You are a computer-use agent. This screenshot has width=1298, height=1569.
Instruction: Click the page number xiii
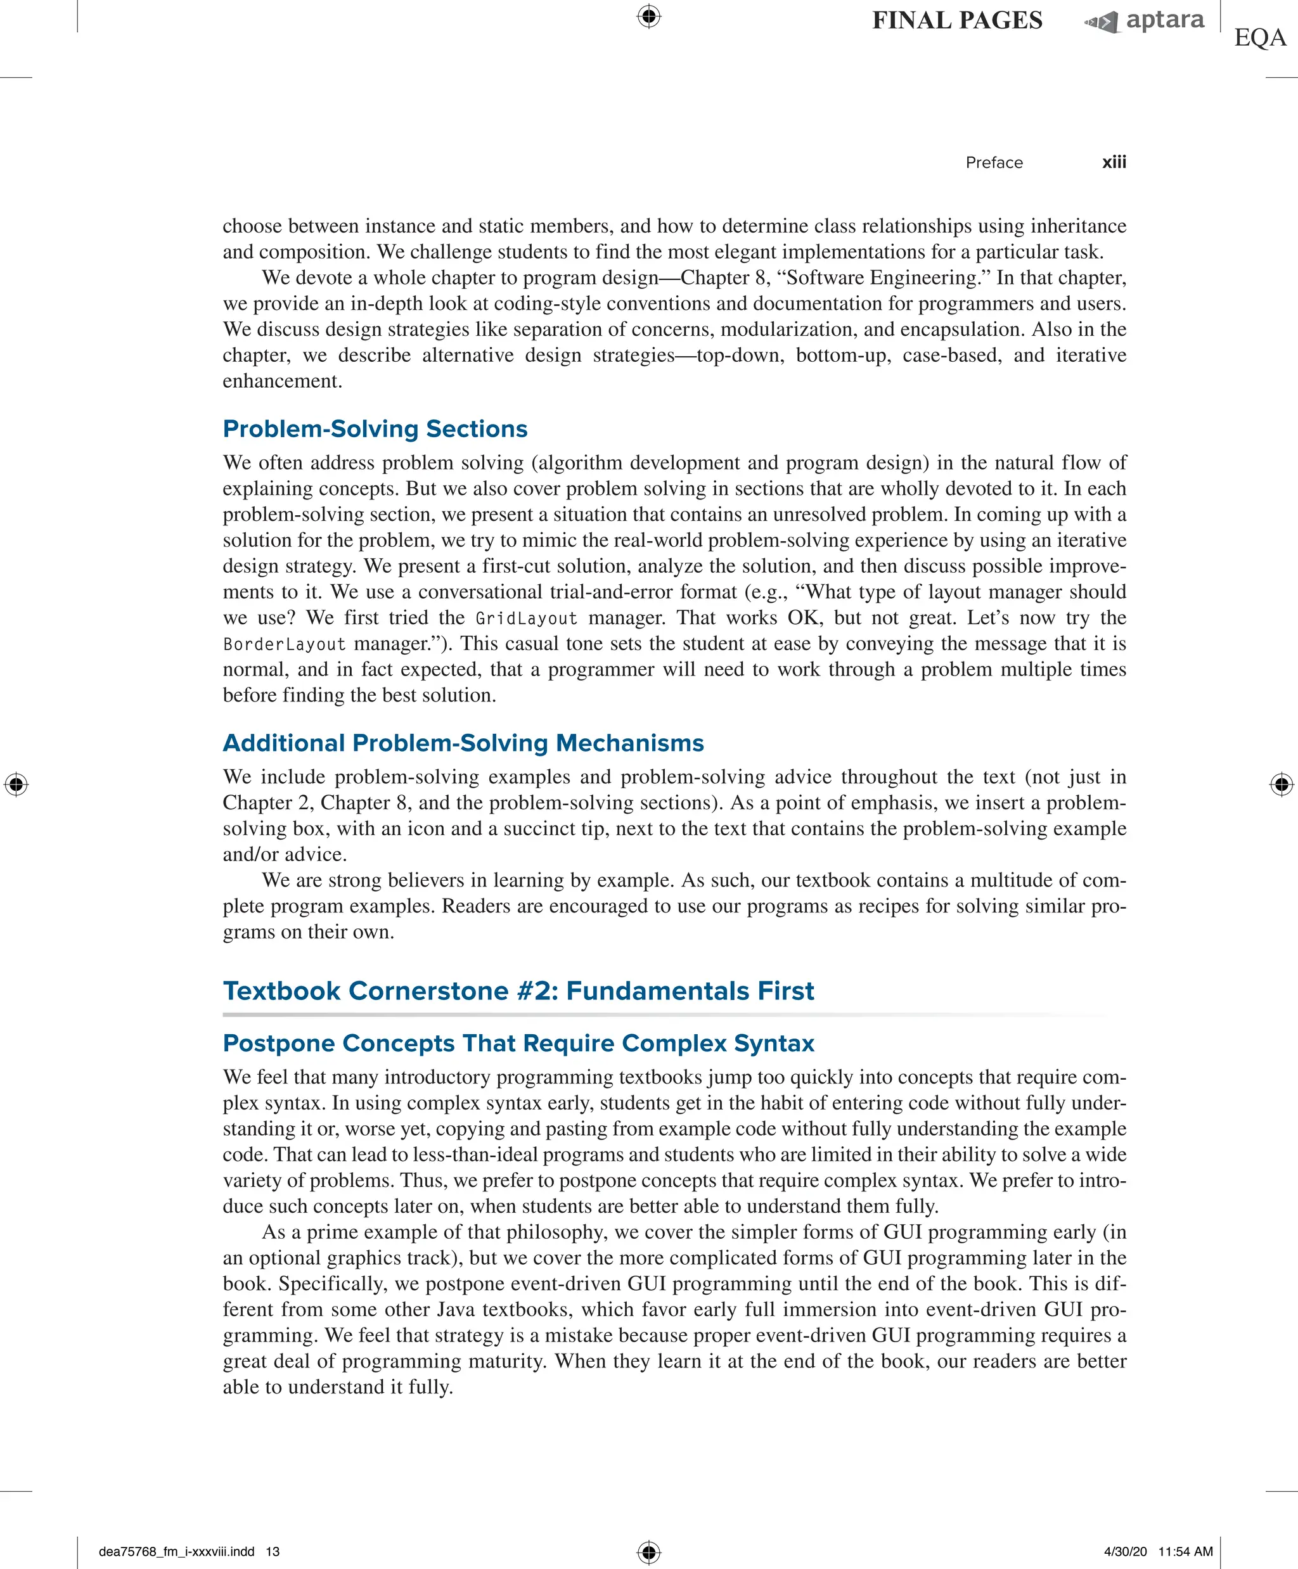click(x=1114, y=162)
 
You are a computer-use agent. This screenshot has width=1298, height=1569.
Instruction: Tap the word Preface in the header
click(x=993, y=163)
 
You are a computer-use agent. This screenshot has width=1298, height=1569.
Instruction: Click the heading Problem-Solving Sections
click(x=375, y=429)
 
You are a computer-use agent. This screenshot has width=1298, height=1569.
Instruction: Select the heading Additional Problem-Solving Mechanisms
click(x=463, y=743)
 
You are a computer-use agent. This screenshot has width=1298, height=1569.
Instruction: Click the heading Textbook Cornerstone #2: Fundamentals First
click(x=518, y=990)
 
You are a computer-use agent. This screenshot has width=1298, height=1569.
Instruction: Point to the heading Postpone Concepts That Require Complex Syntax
click(x=518, y=1043)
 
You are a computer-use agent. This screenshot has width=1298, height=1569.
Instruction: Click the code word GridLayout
click(x=526, y=618)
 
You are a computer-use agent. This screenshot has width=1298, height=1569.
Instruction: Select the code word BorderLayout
click(x=284, y=644)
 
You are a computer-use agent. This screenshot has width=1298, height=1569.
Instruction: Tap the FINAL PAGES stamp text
click(x=957, y=20)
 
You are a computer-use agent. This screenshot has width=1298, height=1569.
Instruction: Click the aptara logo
click(x=1145, y=20)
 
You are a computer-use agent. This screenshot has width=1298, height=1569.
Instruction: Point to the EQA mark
click(x=1260, y=37)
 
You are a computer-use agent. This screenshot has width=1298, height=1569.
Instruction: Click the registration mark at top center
click(x=648, y=16)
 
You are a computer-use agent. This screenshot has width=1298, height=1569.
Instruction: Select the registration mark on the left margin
click(x=16, y=784)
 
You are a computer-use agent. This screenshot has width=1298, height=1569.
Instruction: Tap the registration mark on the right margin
click(x=1281, y=784)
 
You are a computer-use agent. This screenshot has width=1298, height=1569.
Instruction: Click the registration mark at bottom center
click(x=648, y=1552)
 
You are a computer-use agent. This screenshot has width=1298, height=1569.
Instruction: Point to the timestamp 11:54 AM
click(x=1185, y=1552)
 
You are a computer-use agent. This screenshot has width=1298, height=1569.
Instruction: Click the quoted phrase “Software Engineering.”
click(x=882, y=278)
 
